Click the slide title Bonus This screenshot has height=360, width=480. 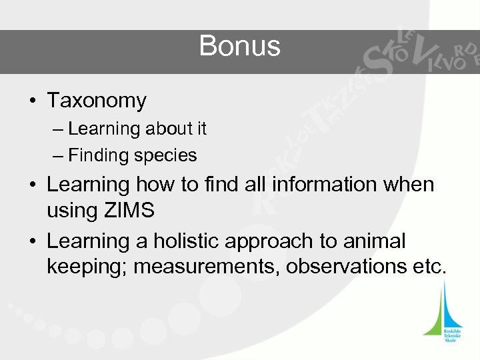239,47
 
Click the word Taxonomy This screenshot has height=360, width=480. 97,101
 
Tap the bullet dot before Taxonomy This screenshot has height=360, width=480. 32,102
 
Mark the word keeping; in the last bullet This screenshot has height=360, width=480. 85,268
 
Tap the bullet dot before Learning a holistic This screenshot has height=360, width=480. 32,241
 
